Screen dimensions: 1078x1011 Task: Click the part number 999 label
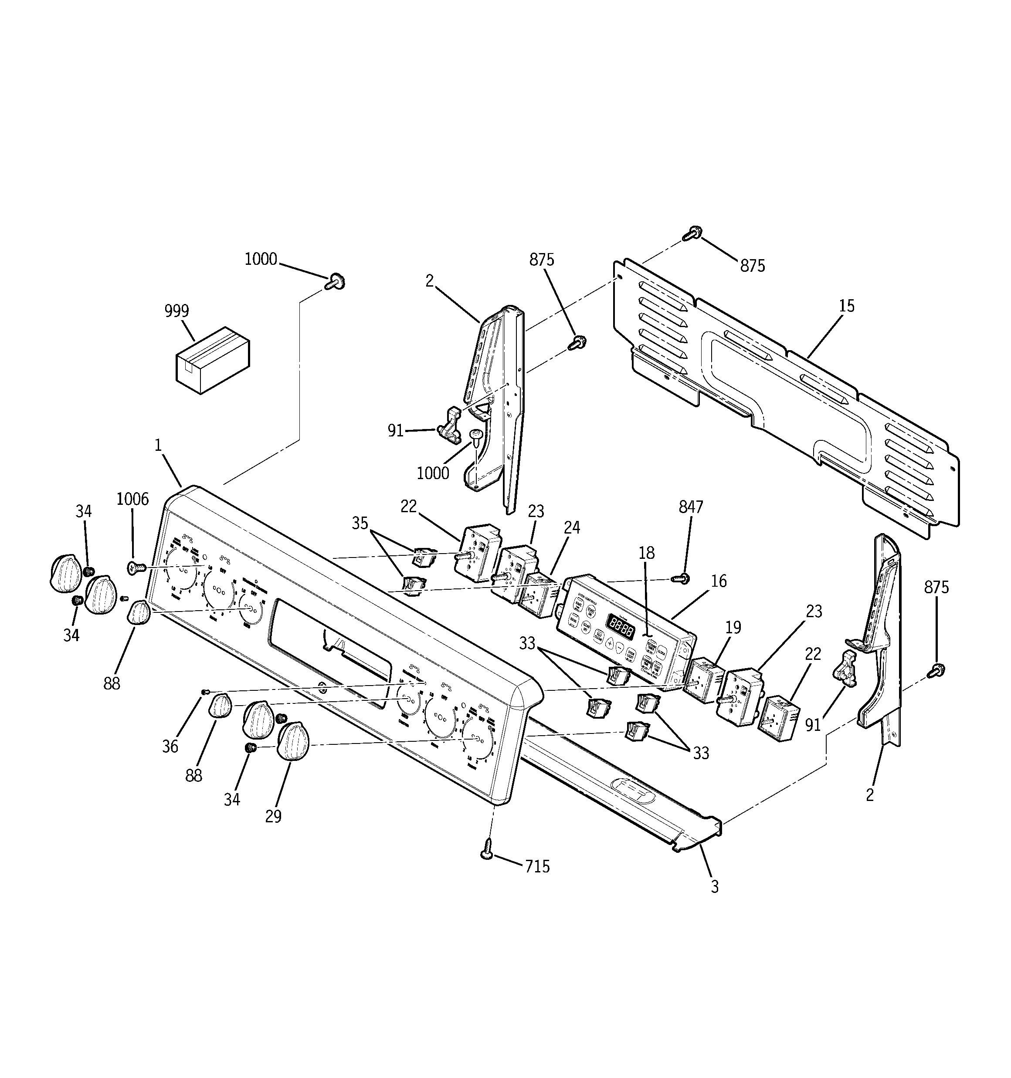[176, 311]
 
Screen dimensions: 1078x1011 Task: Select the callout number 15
[847, 306]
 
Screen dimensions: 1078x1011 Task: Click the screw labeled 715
[487, 850]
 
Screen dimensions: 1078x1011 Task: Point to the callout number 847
[691, 507]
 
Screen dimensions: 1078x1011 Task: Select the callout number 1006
[132, 500]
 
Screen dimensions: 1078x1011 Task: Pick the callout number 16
[719, 581]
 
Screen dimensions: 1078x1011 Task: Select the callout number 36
[170, 747]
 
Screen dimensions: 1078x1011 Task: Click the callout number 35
[360, 523]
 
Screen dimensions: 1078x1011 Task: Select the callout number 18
[646, 553]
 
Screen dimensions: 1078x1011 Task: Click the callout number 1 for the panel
[158, 446]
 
